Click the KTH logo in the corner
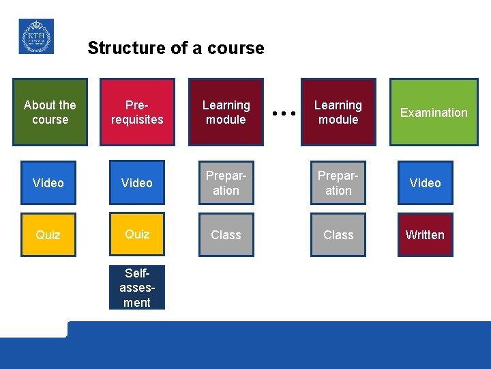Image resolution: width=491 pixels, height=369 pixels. pyautogui.click(x=36, y=36)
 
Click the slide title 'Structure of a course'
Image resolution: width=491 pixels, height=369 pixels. pyautogui.click(x=175, y=48)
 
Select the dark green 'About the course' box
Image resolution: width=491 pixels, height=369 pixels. pyautogui.click(x=50, y=112)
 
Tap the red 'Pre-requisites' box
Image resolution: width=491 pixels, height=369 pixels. pyautogui.click(x=136, y=112)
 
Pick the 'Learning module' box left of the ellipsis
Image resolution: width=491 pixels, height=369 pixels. pyautogui.click(x=226, y=112)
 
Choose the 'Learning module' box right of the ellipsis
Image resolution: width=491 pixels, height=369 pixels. pyautogui.click(x=338, y=112)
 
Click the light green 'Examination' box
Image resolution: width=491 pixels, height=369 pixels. pyautogui.click(x=434, y=112)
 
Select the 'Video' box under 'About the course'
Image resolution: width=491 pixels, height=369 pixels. pyautogui.click(x=48, y=182)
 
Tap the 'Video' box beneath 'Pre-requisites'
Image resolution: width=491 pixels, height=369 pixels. pyautogui.click(x=136, y=182)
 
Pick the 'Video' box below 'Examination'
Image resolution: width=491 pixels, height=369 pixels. pyautogui.click(x=425, y=182)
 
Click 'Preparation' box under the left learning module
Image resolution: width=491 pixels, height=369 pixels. pyautogui.click(x=226, y=182)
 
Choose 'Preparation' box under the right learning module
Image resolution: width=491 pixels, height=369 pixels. pyautogui.click(x=338, y=182)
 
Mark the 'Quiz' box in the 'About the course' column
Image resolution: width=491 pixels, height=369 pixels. pyautogui.click(x=48, y=234)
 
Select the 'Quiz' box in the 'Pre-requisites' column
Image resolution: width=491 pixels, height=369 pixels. pyautogui.click(x=136, y=234)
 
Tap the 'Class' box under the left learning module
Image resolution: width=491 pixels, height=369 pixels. pyautogui.click(x=226, y=234)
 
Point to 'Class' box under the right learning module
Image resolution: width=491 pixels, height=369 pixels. pyautogui.click(x=338, y=234)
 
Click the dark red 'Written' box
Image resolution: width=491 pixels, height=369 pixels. pyautogui.click(x=425, y=234)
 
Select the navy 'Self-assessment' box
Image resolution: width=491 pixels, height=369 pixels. pyautogui.click(x=136, y=288)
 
